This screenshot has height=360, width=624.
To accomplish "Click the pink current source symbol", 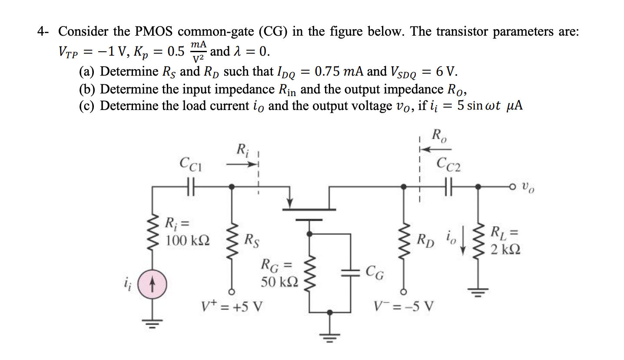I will pos(153,286).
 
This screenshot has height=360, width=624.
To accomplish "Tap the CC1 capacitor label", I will pos(190,164).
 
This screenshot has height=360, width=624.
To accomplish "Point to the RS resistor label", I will pos(253,239).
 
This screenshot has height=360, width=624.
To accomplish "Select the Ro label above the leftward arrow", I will pos(438,136).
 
